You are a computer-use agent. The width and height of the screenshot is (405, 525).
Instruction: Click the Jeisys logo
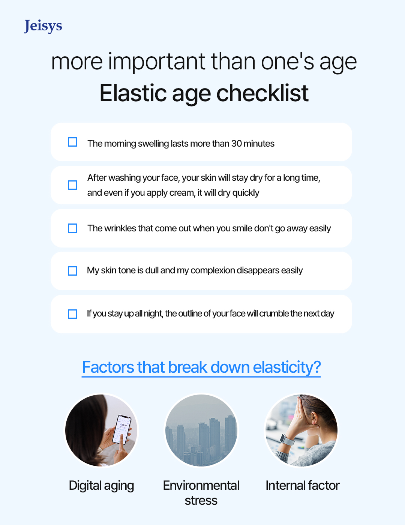coord(43,26)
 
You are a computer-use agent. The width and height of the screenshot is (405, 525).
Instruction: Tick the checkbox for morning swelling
coord(72,142)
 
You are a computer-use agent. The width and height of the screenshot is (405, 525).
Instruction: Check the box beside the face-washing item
coord(72,185)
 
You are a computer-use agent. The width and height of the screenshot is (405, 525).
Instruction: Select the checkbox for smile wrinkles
coord(72,228)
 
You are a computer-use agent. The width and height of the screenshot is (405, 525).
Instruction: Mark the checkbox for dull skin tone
coord(72,271)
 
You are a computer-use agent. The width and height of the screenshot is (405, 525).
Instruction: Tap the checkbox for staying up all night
coord(72,314)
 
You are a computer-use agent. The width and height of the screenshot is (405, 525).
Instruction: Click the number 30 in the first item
coord(236,144)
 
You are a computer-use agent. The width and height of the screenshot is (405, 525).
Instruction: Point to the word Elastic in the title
coord(133,93)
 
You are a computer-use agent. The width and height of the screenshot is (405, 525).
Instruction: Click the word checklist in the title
coord(262,93)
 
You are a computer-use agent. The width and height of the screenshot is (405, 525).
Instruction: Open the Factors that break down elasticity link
coord(201,367)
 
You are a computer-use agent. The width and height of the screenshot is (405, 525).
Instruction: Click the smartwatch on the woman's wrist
coord(288,440)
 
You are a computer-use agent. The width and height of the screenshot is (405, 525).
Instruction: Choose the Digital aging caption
coord(101,486)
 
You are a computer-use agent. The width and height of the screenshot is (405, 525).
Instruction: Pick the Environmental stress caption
coord(201,493)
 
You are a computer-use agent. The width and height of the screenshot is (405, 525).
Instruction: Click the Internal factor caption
coord(302,486)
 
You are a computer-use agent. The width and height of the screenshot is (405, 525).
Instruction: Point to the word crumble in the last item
coord(274,313)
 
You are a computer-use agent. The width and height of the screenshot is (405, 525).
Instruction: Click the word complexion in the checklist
coord(213,270)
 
